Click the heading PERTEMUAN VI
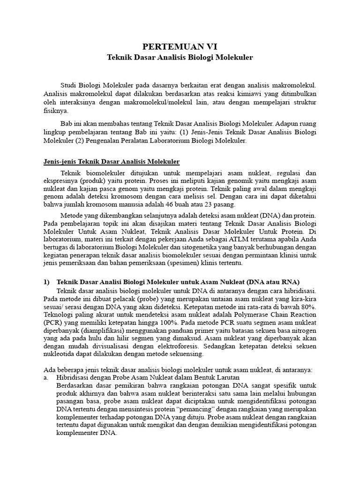point(180,46)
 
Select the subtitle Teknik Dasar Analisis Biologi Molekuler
point(180,57)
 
